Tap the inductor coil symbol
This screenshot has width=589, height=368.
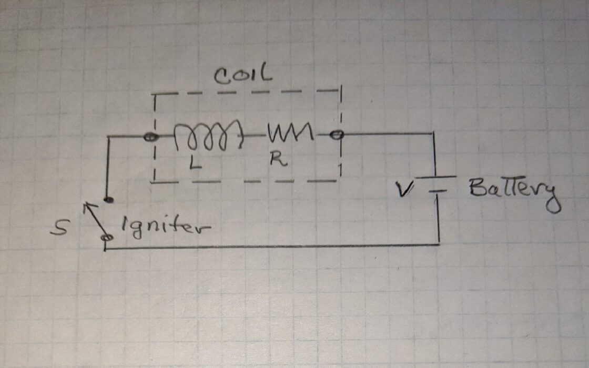[x=208, y=137]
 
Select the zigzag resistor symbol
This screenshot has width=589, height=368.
[x=290, y=134]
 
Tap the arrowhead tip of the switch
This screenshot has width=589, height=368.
[x=87, y=205]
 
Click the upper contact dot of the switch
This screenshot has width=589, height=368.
[x=108, y=200]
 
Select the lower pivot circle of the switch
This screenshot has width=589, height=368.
[x=108, y=238]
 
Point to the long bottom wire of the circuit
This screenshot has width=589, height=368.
[x=273, y=246]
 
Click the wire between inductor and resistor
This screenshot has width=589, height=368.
[x=255, y=136]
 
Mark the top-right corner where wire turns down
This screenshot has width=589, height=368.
[x=434, y=134]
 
